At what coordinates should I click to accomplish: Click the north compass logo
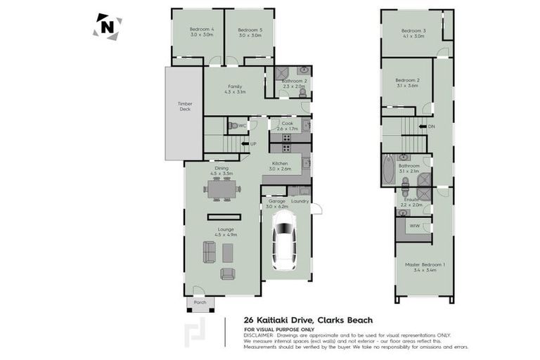click(x=107, y=27)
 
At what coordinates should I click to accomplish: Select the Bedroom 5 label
click(x=249, y=30)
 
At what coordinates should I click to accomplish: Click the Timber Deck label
click(x=184, y=107)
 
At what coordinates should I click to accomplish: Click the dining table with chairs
click(x=221, y=188)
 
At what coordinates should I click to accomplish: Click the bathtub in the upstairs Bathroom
click(x=389, y=170)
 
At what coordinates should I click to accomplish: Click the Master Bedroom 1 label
click(x=420, y=265)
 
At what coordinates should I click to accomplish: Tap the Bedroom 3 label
click(x=413, y=31)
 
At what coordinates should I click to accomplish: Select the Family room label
click(x=235, y=86)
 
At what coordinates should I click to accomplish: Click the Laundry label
click(x=300, y=200)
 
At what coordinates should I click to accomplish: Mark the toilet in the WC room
click(x=233, y=126)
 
